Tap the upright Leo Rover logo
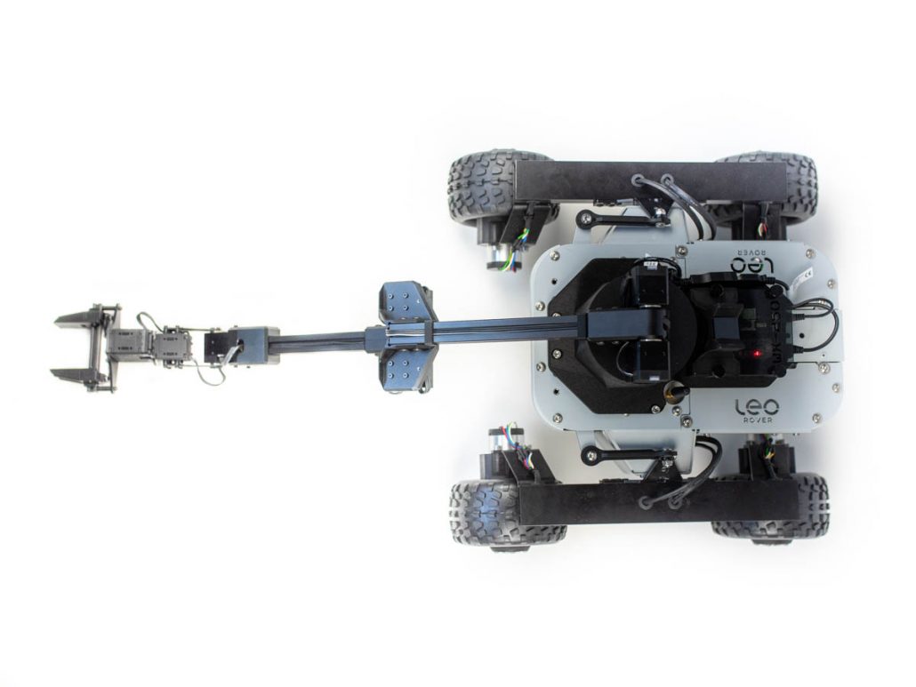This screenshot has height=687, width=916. (756, 410)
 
